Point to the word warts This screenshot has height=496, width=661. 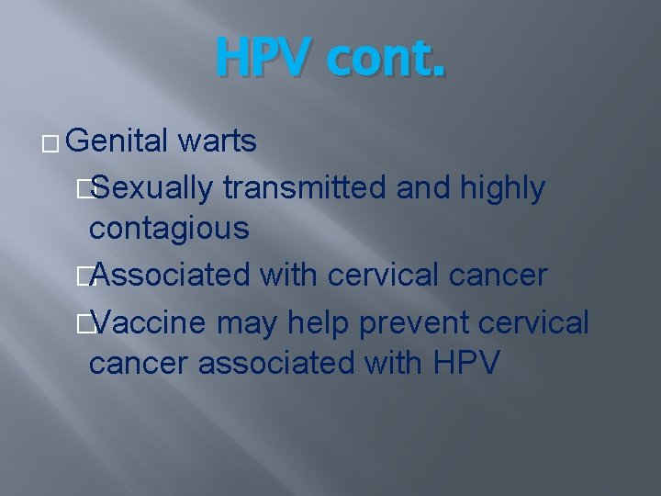point(218,141)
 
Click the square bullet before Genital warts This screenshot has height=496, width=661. point(51,143)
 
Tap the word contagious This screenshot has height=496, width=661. point(169,228)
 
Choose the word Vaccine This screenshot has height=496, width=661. point(151,321)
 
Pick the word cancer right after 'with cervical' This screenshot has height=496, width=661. point(506,274)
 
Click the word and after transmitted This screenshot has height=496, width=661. point(418,187)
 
